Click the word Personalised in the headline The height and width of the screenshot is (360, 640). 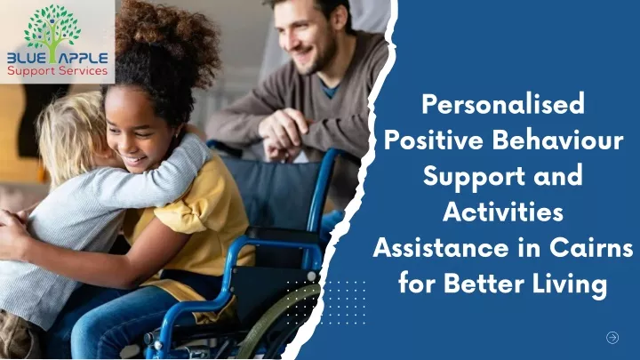coord(503,105)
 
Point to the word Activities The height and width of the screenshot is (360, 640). coord(503,212)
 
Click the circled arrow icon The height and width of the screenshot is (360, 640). coord(612,338)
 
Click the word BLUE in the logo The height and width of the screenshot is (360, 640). coord(26,59)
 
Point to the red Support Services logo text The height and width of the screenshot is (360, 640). coord(57,71)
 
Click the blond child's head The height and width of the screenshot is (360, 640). coord(73,135)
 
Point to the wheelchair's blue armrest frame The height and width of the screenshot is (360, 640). coord(269,249)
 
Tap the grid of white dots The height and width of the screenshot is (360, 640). coord(325,302)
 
